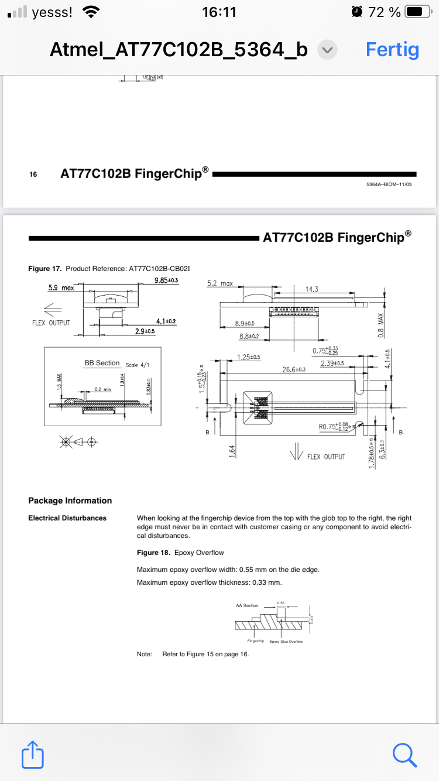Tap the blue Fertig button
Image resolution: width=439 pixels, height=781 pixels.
pos(392,50)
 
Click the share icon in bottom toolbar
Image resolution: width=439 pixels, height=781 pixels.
pos(33,755)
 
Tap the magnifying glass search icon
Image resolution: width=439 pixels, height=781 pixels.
pos(405,754)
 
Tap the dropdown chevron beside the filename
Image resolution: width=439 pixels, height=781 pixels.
pos(327,50)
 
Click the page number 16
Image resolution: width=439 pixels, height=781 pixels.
pos(33,174)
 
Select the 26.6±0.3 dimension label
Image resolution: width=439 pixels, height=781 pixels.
pos(294,369)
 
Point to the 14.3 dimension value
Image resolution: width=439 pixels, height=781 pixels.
pos(312,289)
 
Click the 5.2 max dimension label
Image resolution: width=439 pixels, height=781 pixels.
pos(220,283)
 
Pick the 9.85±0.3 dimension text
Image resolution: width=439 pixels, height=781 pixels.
pos(166,280)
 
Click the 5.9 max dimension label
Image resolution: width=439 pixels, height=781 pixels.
pos(61,288)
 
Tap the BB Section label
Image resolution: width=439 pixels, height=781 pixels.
pos(102,363)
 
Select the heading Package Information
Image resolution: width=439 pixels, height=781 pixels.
pos(70,501)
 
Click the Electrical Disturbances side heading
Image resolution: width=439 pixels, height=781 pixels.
pos(67,518)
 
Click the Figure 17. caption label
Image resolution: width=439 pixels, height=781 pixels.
pos(45,268)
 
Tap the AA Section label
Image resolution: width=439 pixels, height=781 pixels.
pos(247,605)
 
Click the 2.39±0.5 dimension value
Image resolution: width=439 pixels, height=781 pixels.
pos(332,364)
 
